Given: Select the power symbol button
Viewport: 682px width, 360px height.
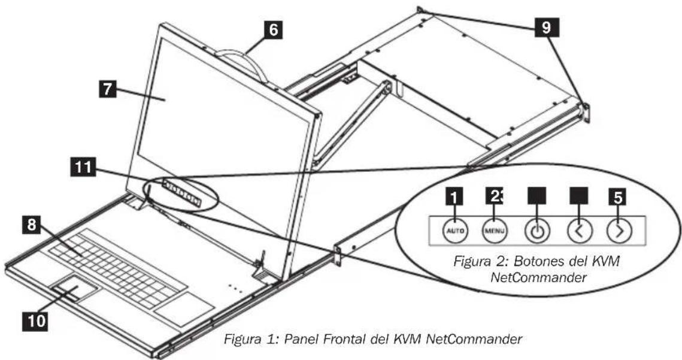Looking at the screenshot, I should pos(535,231).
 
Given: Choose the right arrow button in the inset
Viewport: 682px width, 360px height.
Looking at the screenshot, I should pos(616,231).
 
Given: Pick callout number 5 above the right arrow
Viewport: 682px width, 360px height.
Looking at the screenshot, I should pos(617,196).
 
